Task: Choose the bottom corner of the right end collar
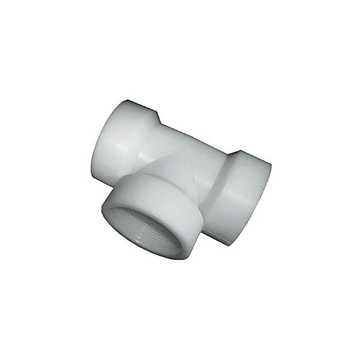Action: pyautogui.click(x=228, y=243)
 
